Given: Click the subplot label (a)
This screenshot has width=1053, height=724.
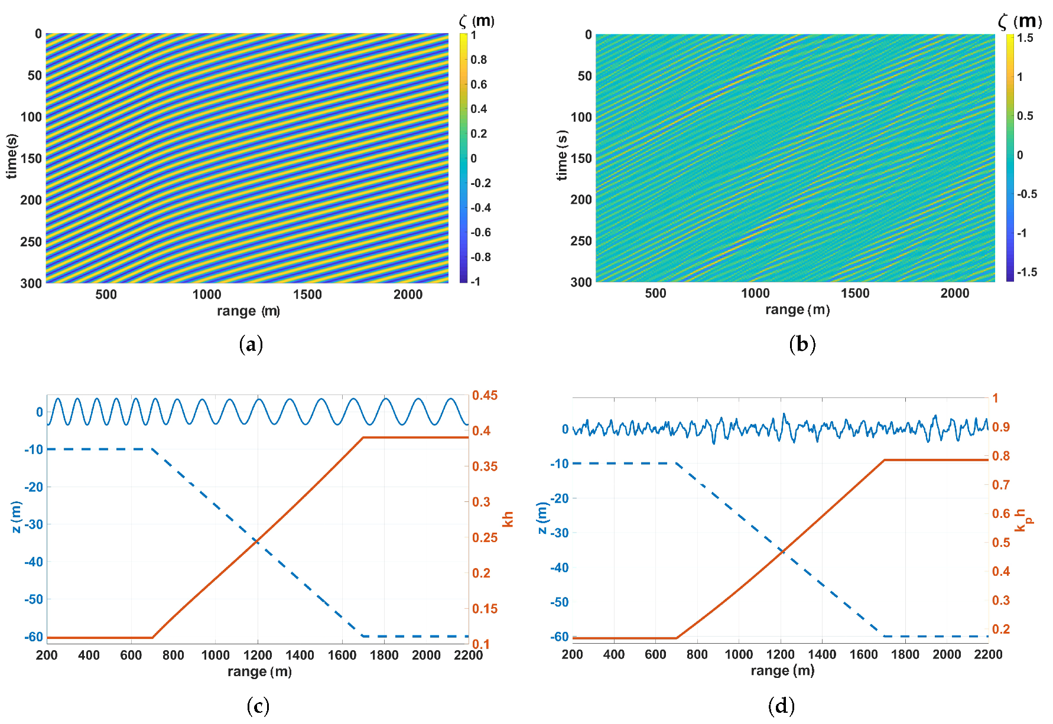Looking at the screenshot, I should (x=251, y=344).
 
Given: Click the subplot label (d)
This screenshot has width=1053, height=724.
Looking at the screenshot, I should (x=781, y=705).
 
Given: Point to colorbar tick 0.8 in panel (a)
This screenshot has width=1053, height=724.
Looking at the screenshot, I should (x=479, y=60).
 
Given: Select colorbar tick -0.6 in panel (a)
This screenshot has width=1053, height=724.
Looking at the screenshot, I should (x=480, y=233).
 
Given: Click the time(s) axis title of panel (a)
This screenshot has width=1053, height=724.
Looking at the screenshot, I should (x=11, y=156).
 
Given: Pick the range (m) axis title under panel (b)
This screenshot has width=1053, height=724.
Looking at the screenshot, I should (x=797, y=309).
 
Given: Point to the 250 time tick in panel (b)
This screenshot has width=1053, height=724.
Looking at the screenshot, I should (x=581, y=241).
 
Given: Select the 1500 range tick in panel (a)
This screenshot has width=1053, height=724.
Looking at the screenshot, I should (x=307, y=295).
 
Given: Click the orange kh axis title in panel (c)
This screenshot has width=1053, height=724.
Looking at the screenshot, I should (x=508, y=519).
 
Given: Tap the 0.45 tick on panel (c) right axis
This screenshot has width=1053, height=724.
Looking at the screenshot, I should (x=485, y=395).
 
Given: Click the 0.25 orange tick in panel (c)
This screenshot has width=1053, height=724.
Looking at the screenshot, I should (x=485, y=537).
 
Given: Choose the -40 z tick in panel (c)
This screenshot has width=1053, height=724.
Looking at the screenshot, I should (x=34, y=562).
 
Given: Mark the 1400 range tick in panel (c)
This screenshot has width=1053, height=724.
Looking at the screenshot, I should (x=300, y=655).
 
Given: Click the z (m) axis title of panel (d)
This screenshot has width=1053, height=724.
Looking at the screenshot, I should (x=542, y=518).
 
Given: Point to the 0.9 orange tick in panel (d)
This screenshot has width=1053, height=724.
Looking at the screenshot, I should (x=1001, y=427).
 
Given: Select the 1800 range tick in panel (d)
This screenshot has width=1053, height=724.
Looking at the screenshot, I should (x=905, y=654).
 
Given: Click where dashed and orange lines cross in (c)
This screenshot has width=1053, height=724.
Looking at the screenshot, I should (x=257, y=540).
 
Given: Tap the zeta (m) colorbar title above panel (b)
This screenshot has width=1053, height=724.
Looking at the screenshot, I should (x=1019, y=22).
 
